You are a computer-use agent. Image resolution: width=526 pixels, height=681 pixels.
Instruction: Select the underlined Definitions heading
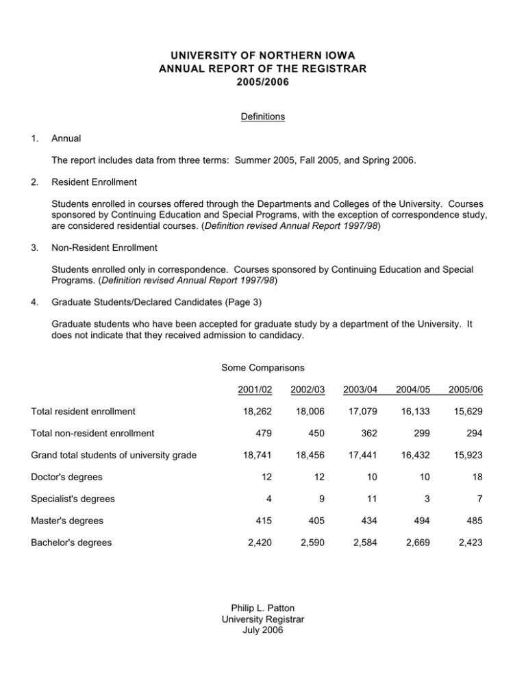[263, 116]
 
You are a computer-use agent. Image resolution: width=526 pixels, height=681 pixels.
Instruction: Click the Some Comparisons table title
[263, 368]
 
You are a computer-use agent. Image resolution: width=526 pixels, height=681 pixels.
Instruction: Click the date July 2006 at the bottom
[263, 630]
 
